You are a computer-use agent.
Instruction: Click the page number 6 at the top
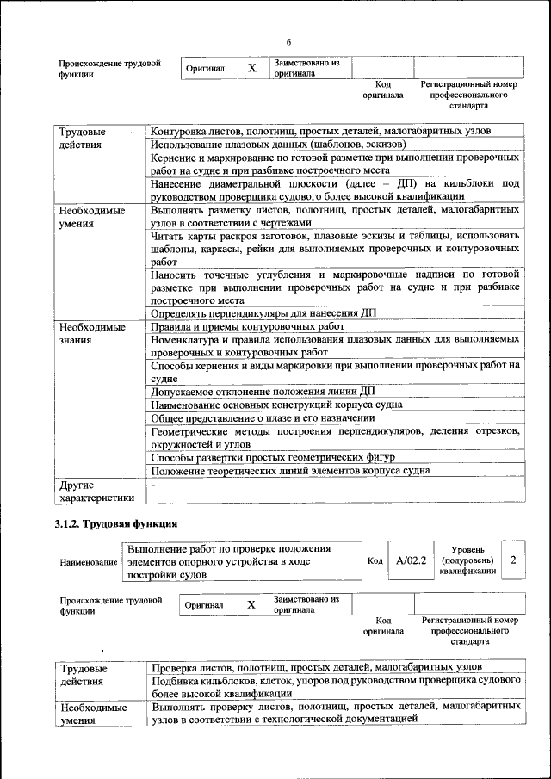pos(288,42)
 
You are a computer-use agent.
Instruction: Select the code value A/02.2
pos(412,560)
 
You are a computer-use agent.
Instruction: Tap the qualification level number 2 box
pos(513,560)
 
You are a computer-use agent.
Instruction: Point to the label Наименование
pos(89,561)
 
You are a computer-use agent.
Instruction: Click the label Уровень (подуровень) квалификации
pos(467,560)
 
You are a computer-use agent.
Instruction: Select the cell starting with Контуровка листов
pos(320,131)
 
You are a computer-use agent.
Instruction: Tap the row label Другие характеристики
pos(95,491)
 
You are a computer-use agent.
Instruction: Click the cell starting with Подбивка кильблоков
pos(335,686)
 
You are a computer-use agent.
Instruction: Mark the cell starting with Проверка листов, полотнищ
pos(316,667)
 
